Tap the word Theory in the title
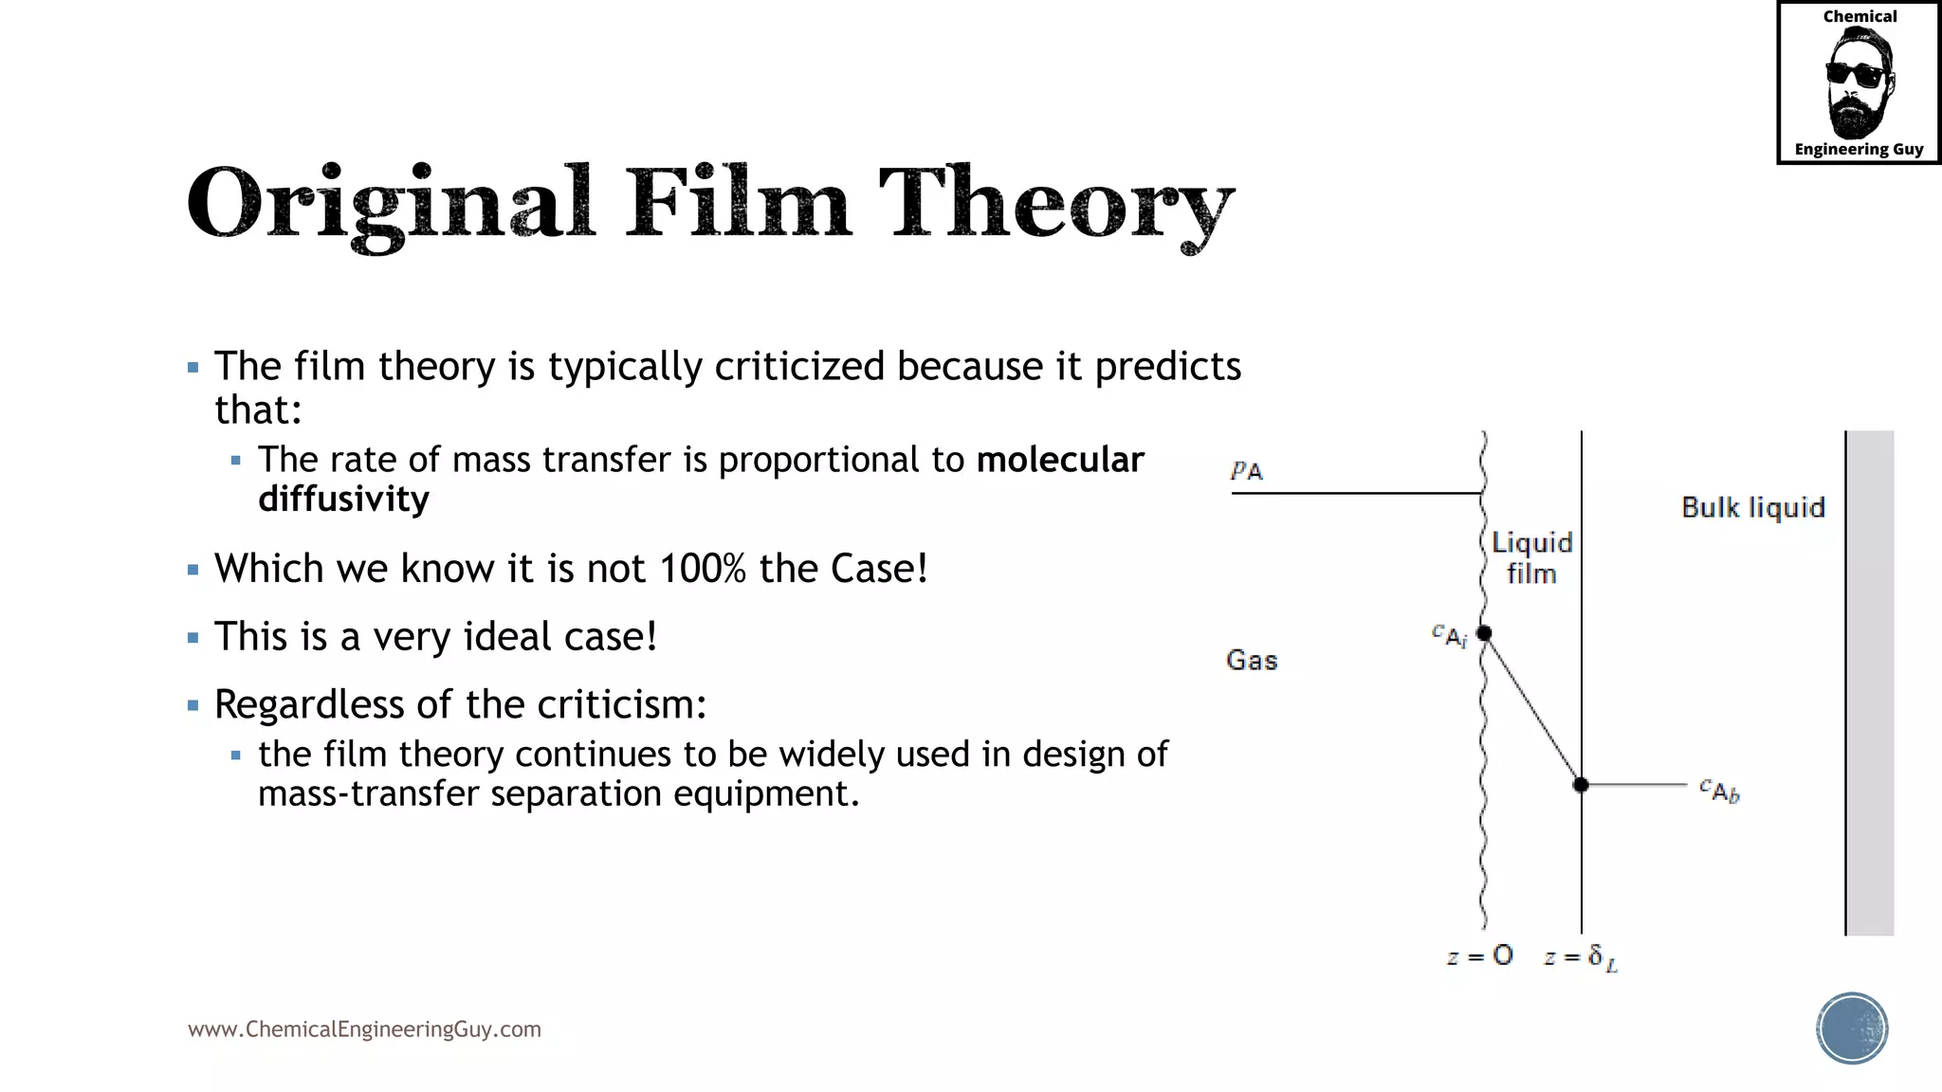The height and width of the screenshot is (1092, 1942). [x=1056, y=202]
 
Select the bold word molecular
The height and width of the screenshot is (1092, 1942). [x=1060, y=460]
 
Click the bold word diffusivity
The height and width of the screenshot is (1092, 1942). [x=343, y=500]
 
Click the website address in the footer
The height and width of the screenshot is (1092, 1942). [x=364, y=1029]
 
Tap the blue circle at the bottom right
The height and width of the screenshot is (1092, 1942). [x=1852, y=1028]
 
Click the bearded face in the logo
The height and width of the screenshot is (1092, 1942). [x=1858, y=83]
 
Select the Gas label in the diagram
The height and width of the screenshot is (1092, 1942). [x=1252, y=660]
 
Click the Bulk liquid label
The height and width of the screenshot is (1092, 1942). [x=1752, y=508]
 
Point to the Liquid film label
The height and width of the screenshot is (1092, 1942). [x=1531, y=558]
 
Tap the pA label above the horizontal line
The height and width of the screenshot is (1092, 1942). [x=1246, y=470]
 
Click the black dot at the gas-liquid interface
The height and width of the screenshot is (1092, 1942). [x=1484, y=633]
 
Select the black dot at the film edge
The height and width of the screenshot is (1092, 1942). [x=1581, y=785]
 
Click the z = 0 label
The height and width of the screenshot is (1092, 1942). [x=1479, y=956]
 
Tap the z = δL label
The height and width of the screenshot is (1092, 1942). [x=1580, y=958]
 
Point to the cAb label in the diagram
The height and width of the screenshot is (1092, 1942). [x=1719, y=790]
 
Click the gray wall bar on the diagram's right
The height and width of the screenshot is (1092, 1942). [x=1870, y=682]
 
